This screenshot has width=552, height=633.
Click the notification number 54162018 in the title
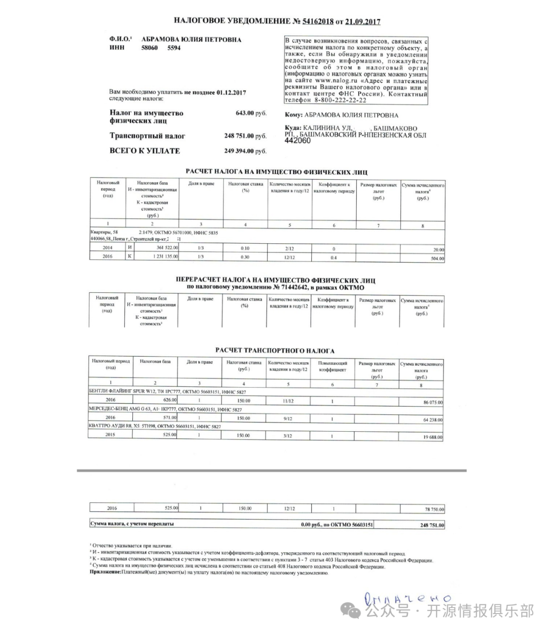(x=318, y=21)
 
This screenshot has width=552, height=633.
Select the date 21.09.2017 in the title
(x=363, y=21)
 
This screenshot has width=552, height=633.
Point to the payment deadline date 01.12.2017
(x=231, y=92)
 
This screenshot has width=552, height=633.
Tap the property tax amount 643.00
(x=244, y=113)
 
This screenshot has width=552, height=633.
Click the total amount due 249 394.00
(x=239, y=151)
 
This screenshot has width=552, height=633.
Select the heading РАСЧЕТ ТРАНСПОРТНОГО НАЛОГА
(x=274, y=351)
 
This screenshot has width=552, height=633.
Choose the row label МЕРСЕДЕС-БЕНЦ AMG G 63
(x=118, y=409)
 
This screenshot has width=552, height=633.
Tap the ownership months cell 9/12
(x=288, y=418)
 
